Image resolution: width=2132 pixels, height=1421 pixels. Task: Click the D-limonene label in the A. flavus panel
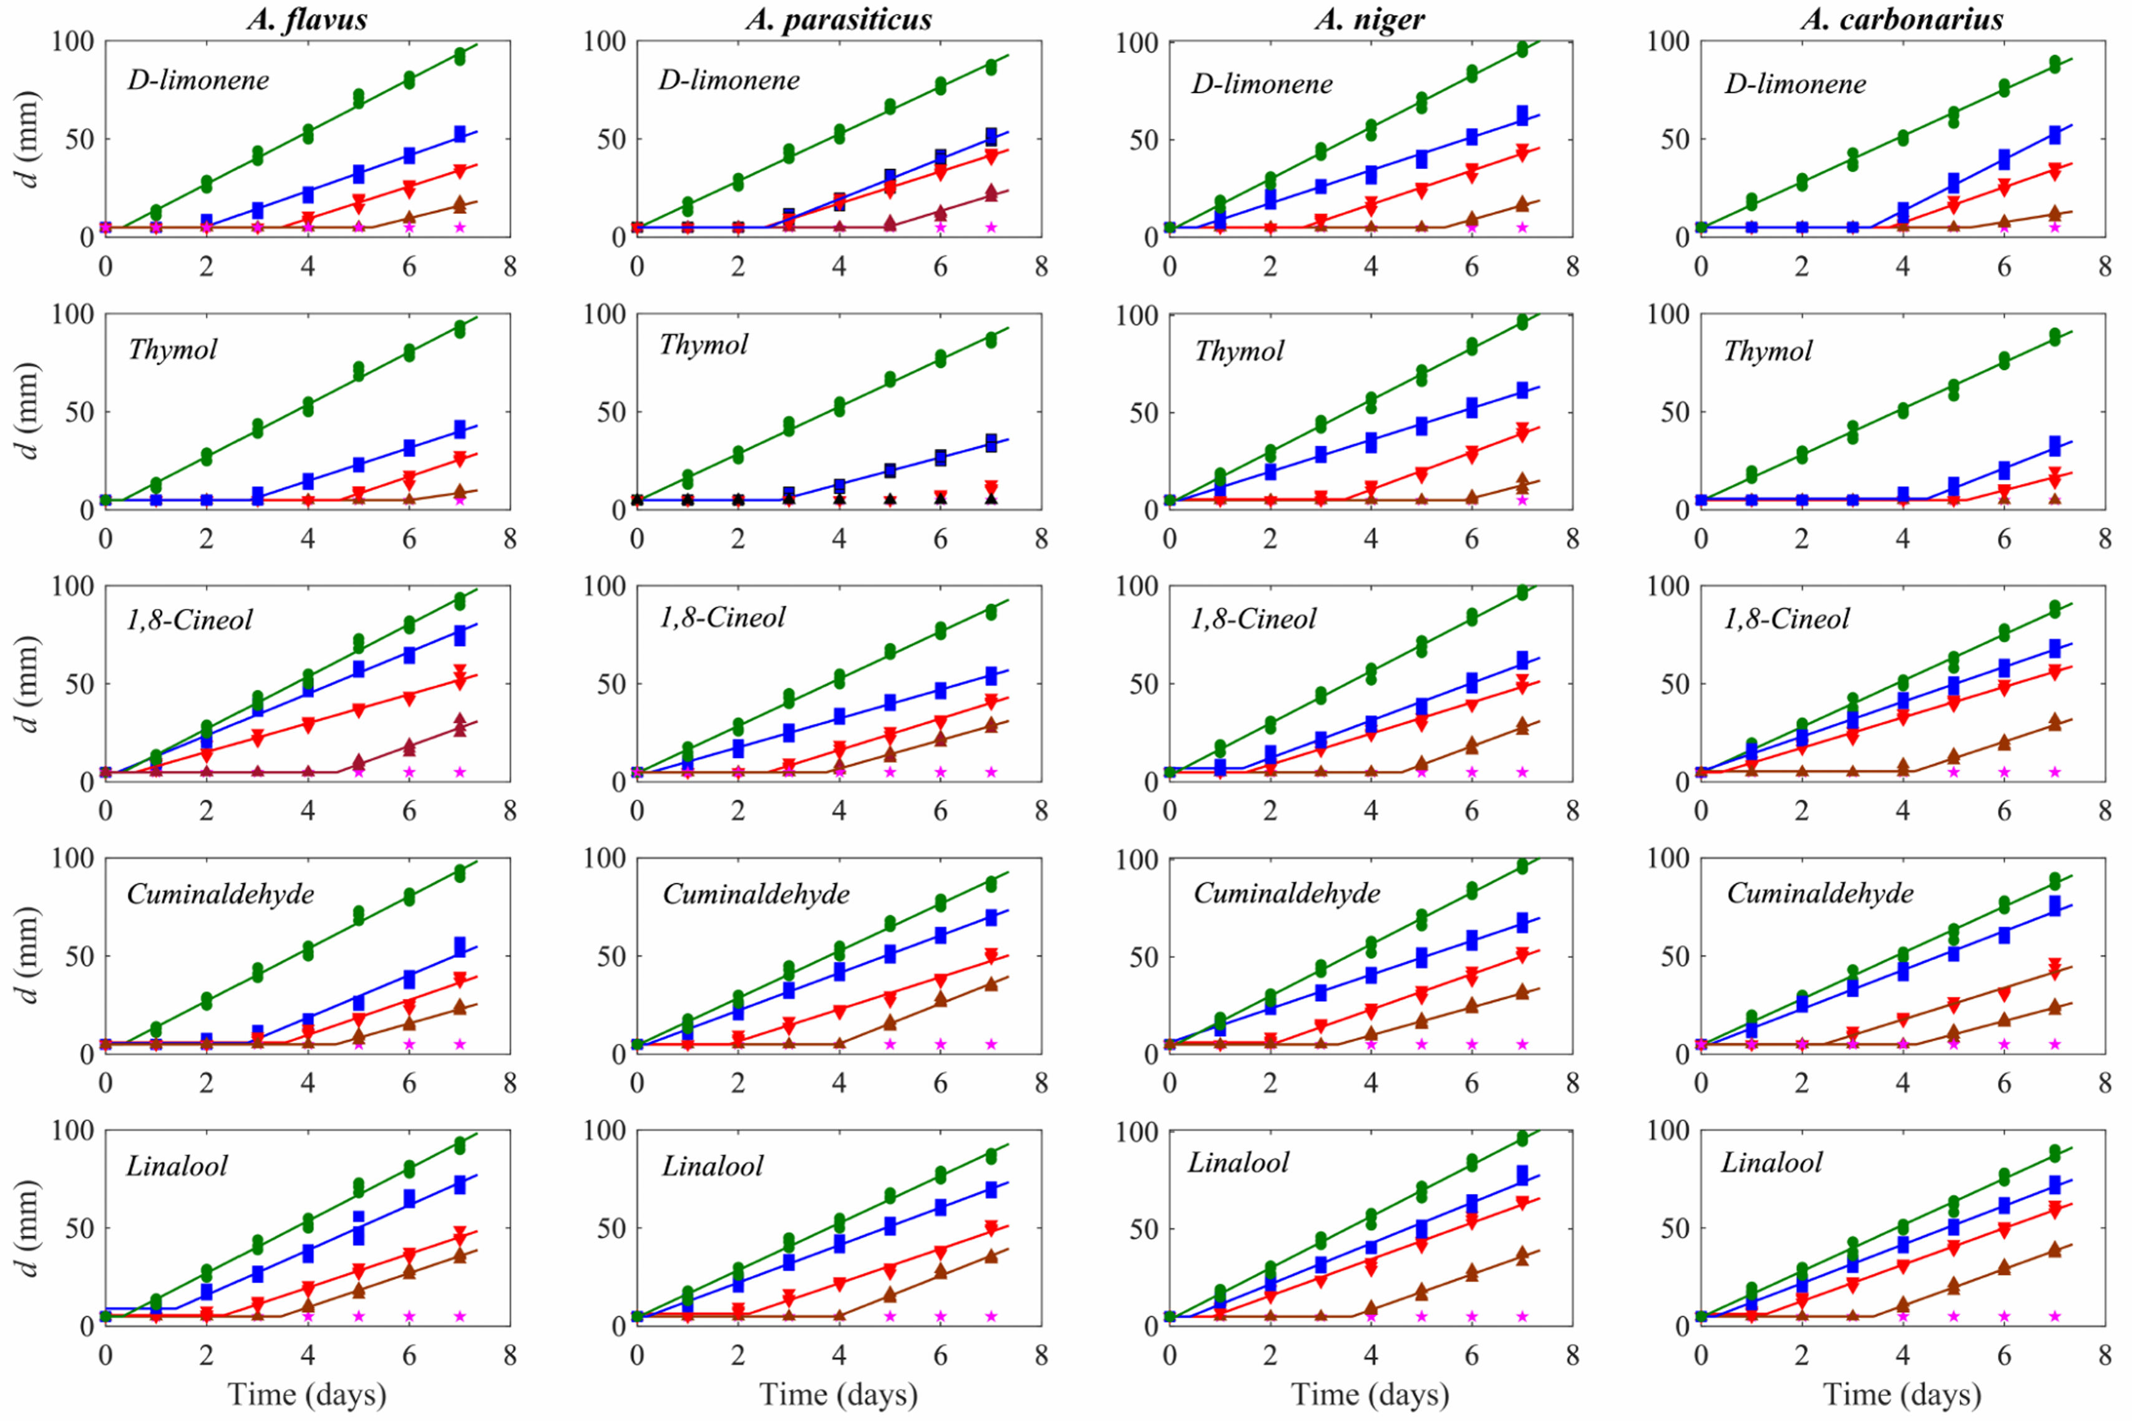point(198,80)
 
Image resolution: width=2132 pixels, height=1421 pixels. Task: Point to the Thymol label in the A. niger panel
point(1239,351)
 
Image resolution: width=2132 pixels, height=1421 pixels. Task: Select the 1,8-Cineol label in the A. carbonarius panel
point(1786,619)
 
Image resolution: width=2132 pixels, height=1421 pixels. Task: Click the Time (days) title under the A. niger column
point(1370,1394)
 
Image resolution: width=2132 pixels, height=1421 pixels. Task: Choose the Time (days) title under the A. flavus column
point(306,1394)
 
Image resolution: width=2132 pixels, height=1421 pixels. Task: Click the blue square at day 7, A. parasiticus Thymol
point(991,443)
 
